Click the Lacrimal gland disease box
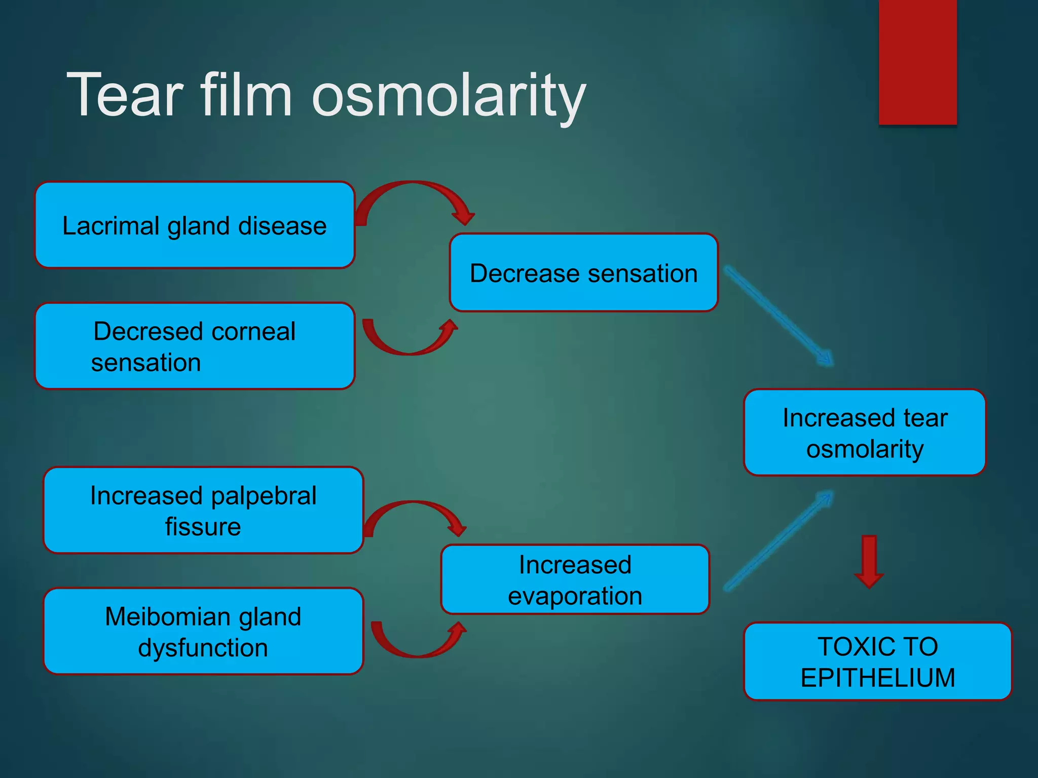tap(195, 225)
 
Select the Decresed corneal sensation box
tap(195, 346)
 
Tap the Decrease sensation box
tap(583, 273)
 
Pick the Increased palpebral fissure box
tap(203, 510)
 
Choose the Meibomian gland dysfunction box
tap(203, 631)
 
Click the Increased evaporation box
tap(575, 579)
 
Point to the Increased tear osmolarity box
tap(865, 432)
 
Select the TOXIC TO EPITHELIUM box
tap(877, 662)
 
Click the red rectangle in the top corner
tap(917, 61)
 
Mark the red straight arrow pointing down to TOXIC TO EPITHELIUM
tap(869, 561)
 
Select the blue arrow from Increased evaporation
tap(778, 541)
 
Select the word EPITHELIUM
tap(877, 678)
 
